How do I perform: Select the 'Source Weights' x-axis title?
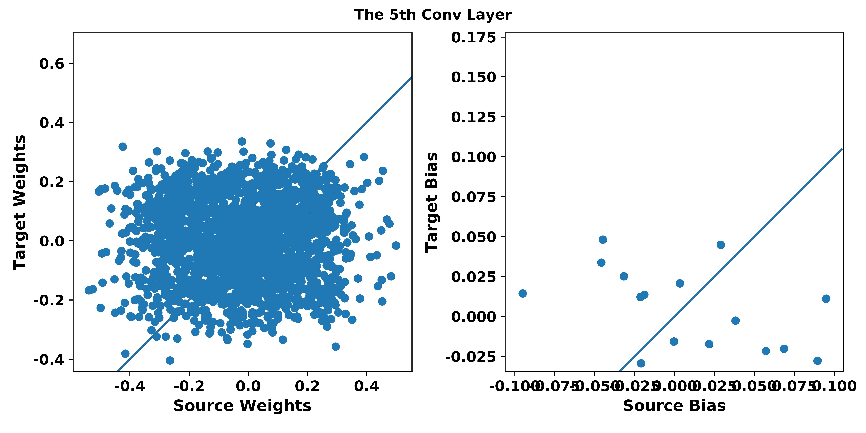(242, 406)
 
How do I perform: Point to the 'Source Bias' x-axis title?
(674, 406)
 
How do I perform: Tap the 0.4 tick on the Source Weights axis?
(366, 386)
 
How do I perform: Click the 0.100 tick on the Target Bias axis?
(473, 157)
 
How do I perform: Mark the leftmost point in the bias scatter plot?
(522, 293)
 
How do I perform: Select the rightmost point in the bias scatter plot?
(826, 298)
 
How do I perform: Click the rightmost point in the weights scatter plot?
(396, 245)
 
